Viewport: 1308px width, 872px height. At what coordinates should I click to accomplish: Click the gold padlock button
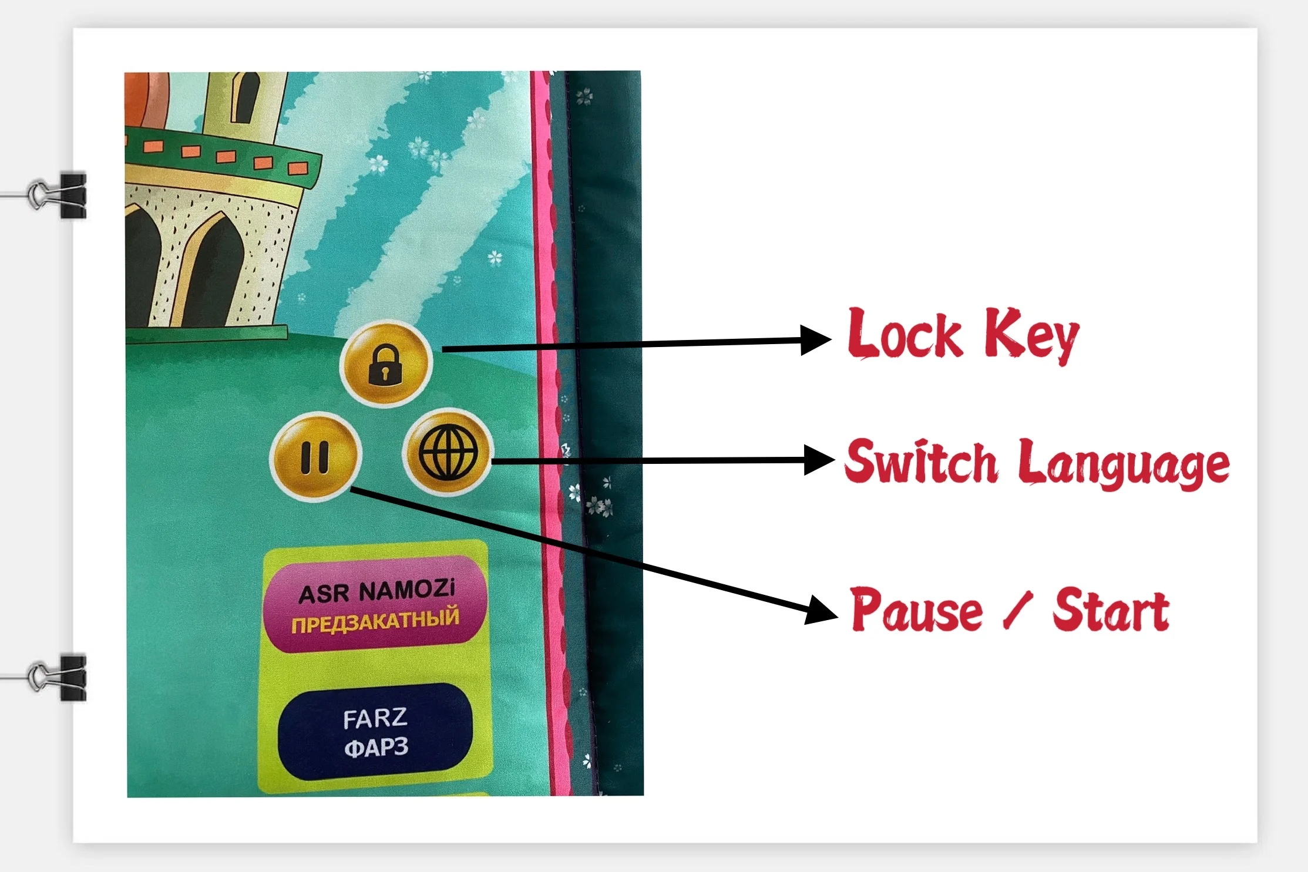(386, 364)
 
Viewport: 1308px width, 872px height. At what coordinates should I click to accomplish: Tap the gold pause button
(315, 457)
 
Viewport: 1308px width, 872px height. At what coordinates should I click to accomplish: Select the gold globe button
(448, 453)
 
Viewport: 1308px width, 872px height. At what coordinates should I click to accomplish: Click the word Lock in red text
(904, 335)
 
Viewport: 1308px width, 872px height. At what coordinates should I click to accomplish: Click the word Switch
(920, 463)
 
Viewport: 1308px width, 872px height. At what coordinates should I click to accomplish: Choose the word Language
(1123, 465)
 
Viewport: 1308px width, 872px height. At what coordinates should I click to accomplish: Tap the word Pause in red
(916, 611)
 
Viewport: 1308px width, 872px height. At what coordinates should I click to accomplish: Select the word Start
(1110, 611)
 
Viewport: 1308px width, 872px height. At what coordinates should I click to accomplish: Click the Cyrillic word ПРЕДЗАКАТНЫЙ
(375, 620)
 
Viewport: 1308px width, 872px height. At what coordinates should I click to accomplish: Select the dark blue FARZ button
(375, 732)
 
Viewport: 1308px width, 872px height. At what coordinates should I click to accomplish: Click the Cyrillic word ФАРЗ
(376, 748)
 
